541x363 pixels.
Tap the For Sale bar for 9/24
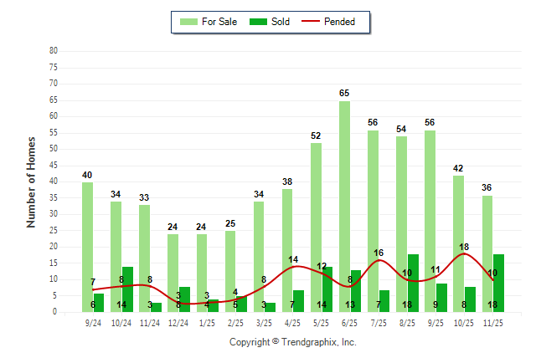[87, 248]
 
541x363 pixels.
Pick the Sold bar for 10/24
[127, 289]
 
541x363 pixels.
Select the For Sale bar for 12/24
[173, 273]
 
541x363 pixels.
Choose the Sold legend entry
[271, 22]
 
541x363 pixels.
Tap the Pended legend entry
[336, 22]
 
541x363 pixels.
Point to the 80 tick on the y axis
[53, 51]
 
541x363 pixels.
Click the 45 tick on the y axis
[53, 165]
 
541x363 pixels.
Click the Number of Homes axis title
[31, 181]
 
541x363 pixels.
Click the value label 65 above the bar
[344, 94]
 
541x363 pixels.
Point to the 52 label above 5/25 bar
[316, 135]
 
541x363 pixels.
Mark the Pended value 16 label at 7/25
[379, 253]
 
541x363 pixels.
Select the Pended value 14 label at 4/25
[293, 259]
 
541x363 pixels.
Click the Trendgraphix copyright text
[293, 342]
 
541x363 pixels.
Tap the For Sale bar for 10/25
[458, 243]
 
